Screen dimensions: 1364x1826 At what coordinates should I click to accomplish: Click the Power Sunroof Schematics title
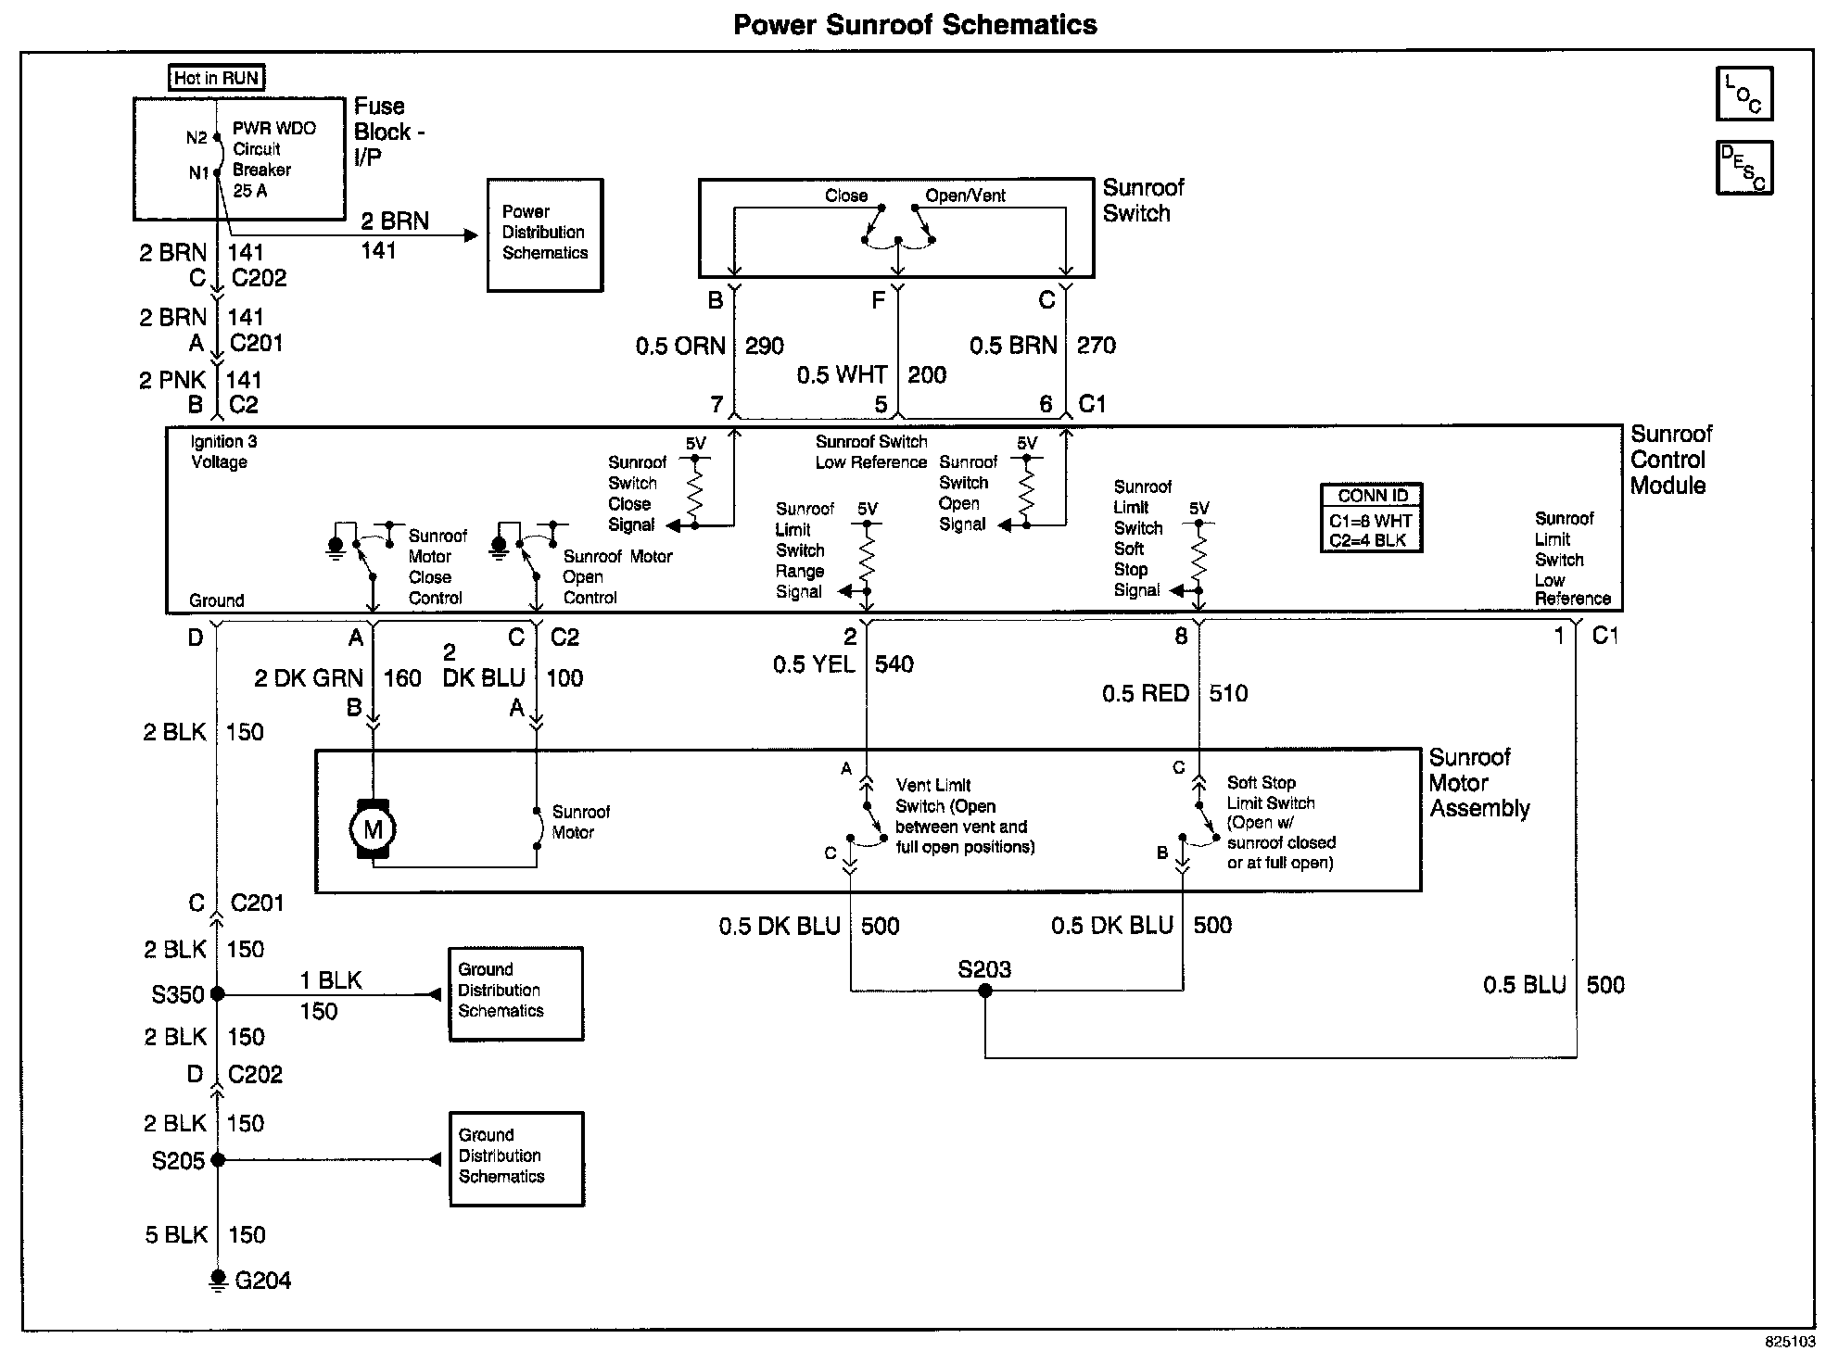[914, 25]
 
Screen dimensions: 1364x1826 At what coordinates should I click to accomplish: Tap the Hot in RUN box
[217, 78]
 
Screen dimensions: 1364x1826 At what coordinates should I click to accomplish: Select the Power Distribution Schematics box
[545, 234]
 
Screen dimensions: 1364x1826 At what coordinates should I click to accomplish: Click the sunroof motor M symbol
[373, 829]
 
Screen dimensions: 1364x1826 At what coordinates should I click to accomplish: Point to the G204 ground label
[262, 1281]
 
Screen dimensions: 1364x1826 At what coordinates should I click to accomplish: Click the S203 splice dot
[985, 991]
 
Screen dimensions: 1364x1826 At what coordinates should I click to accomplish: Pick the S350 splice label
[178, 994]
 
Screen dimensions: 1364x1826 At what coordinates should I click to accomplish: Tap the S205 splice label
[178, 1160]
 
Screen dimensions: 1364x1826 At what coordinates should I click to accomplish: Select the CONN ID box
[1371, 519]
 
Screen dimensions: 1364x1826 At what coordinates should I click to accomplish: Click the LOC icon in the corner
[1744, 94]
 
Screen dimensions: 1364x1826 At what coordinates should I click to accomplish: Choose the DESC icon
[1744, 168]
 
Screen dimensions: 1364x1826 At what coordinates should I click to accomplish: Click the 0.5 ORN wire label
[680, 347]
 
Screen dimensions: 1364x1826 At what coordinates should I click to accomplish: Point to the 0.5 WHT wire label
[842, 375]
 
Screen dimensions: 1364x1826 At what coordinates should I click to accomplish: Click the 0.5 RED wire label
[1145, 694]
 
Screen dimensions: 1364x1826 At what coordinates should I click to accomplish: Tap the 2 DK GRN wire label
[309, 679]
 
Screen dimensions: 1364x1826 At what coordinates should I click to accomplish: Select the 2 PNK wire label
[172, 380]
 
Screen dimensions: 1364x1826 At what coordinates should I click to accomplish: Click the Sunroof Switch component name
[1143, 200]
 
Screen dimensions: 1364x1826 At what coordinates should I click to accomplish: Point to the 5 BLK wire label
[176, 1235]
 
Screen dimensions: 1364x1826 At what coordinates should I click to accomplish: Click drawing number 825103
[1790, 1342]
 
